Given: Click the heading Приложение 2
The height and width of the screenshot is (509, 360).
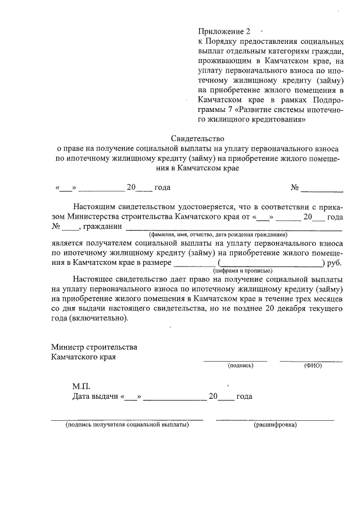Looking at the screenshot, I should coord(223,30).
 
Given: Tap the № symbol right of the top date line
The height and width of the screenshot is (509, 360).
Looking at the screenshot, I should coord(294,187).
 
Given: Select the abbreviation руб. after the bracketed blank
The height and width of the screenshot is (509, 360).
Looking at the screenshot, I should coord(335,263).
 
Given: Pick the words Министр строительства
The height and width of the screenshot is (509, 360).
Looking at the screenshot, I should coord(94,347).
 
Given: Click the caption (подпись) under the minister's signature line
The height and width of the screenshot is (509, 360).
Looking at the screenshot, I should coord(240,366).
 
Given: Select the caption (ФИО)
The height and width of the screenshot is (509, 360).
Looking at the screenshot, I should coord(313,366).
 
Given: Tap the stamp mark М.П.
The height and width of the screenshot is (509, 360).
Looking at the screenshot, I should coord(81,386).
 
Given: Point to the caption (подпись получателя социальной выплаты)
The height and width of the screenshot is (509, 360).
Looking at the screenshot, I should coord(127,425).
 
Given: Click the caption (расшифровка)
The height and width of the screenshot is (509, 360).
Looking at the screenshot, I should coord(275,425).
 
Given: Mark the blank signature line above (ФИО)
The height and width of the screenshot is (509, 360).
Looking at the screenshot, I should coord(310,360).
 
